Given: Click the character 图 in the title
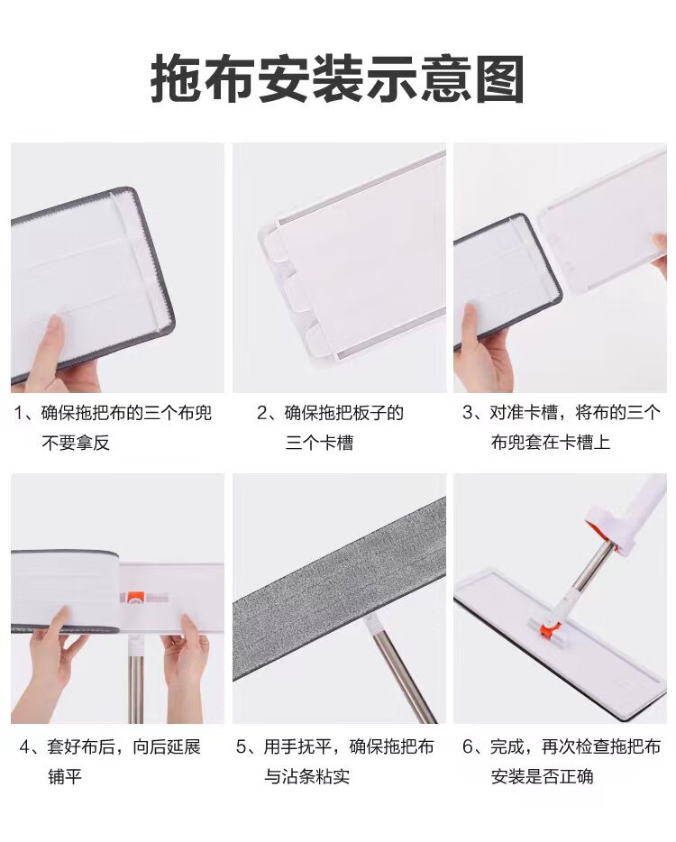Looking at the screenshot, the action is click(500, 79).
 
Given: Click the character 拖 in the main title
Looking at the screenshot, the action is click(176, 79).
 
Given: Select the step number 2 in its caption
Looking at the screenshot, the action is click(262, 413).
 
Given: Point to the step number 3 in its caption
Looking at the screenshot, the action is click(468, 413).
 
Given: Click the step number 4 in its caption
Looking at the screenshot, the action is click(24, 747).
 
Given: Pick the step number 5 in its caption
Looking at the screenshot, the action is click(242, 747).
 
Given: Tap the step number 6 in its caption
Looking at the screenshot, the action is click(468, 747).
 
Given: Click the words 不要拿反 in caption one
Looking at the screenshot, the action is click(76, 443).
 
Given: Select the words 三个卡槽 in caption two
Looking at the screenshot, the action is click(319, 443).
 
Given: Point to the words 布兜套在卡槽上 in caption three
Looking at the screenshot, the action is click(550, 443).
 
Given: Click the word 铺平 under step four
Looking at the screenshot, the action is click(65, 777).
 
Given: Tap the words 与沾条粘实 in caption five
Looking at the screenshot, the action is click(306, 776).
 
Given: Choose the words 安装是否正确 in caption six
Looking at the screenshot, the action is click(542, 776).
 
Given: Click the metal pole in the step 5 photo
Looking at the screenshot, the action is click(401, 673).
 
